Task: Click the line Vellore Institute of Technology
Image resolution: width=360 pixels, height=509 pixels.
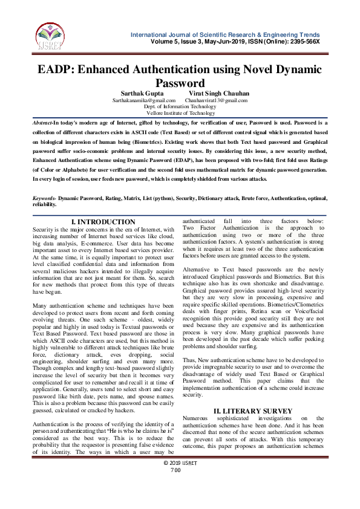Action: (x=180, y=113)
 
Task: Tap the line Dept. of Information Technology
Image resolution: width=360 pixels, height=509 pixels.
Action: (x=180, y=106)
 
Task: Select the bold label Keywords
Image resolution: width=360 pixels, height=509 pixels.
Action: (x=44, y=198)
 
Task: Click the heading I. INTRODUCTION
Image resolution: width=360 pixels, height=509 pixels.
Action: (x=103, y=222)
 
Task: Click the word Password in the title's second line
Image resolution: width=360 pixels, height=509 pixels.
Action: (x=180, y=83)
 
